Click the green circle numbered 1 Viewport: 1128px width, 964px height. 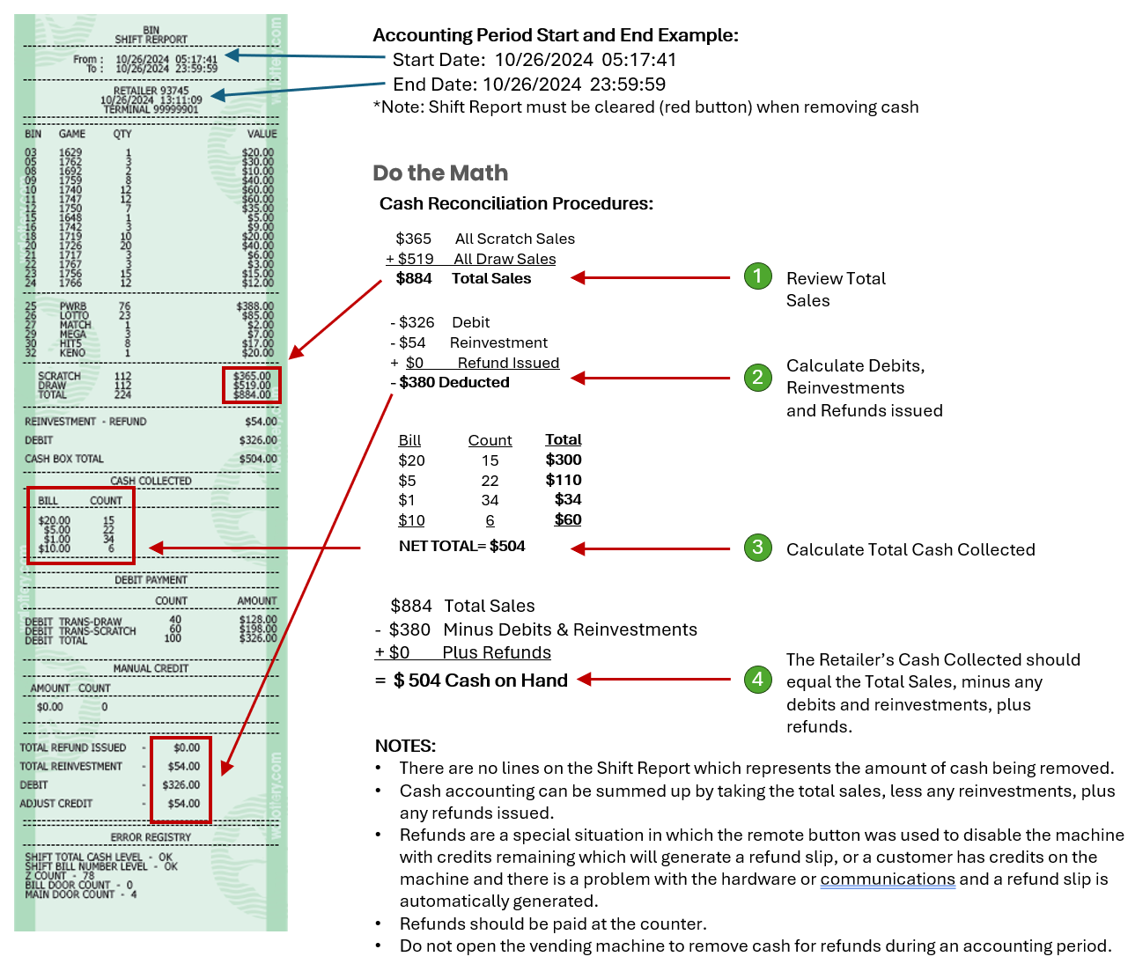[x=757, y=276]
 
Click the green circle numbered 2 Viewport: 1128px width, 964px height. [x=757, y=378]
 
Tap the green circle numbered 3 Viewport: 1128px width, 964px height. [x=757, y=548]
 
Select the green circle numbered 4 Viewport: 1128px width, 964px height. [x=757, y=679]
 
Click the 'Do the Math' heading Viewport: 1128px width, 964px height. [x=440, y=173]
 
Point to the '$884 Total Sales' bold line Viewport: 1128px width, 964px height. [x=463, y=278]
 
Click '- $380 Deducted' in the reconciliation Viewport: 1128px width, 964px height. [x=450, y=382]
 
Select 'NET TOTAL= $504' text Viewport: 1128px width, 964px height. [x=461, y=546]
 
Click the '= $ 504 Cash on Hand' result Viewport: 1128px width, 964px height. [x=471, y=681]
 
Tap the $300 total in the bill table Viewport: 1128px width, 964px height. [x=564, y=460]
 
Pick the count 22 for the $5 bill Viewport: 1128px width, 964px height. [x=490, y=481]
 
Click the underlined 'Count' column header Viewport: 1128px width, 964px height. [x=490, y=440]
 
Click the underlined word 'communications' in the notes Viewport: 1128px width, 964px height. [x=888, y=879]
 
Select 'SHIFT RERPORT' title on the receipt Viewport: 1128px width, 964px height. [x=151, y=40]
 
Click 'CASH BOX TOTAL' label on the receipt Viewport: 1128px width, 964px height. [x=64, y=459]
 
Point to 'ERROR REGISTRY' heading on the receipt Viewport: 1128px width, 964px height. [x=151, y=837]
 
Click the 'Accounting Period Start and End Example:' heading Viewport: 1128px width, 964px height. [x=555, y=35]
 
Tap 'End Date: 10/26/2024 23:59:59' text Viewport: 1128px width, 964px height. [x=528, y=85]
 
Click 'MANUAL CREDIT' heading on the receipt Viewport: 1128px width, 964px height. [x=151, y=668]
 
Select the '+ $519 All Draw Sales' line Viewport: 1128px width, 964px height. [x=471, y=259]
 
